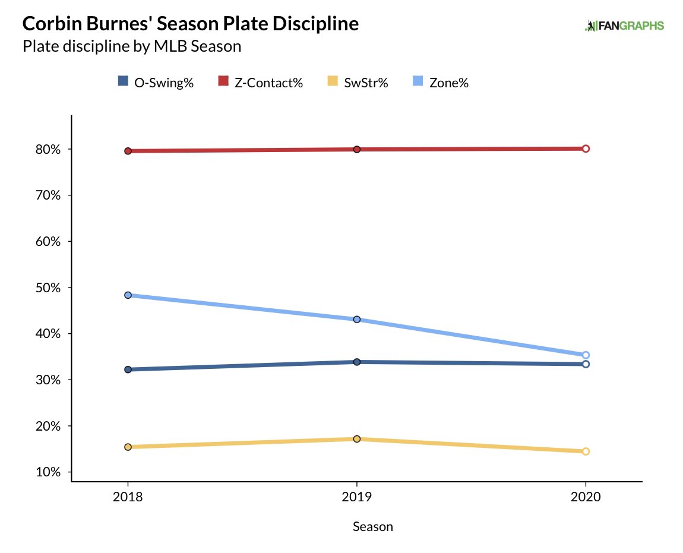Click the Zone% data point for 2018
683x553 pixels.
tap(128, 295)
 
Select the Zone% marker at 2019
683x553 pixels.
tap(357, 320)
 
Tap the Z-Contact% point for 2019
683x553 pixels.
tap(357, 149)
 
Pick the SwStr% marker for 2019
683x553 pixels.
tap(357, 439)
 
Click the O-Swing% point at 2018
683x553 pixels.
tap(128, 369)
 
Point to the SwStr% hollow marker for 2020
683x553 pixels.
tap(586, 451)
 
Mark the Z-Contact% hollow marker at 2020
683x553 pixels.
tap(586, 148)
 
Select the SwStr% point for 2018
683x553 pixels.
tap(128, 447)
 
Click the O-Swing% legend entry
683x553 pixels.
tap(156, 83)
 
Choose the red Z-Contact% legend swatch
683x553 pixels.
tap(223, 82)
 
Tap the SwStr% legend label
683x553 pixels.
tap(366, 83)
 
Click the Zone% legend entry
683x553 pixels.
tap(441, 83)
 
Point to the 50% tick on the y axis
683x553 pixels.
tap(48, 287)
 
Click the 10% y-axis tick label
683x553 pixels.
tap(48, 472)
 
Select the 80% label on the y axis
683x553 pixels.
tap(48, 149)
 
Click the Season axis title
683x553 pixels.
tap(373, 526)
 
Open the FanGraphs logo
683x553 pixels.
tap(624, 26)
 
